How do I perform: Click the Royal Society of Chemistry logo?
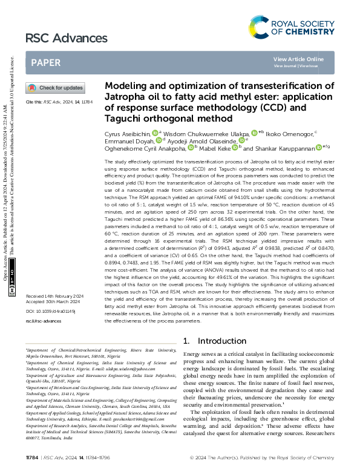(x=292, y=26)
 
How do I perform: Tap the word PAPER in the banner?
(x=46, y=62)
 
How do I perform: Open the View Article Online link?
(x=298, y=59)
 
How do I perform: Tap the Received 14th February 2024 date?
(x=54, y=296)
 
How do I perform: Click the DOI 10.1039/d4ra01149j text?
(x=50, y=311)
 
